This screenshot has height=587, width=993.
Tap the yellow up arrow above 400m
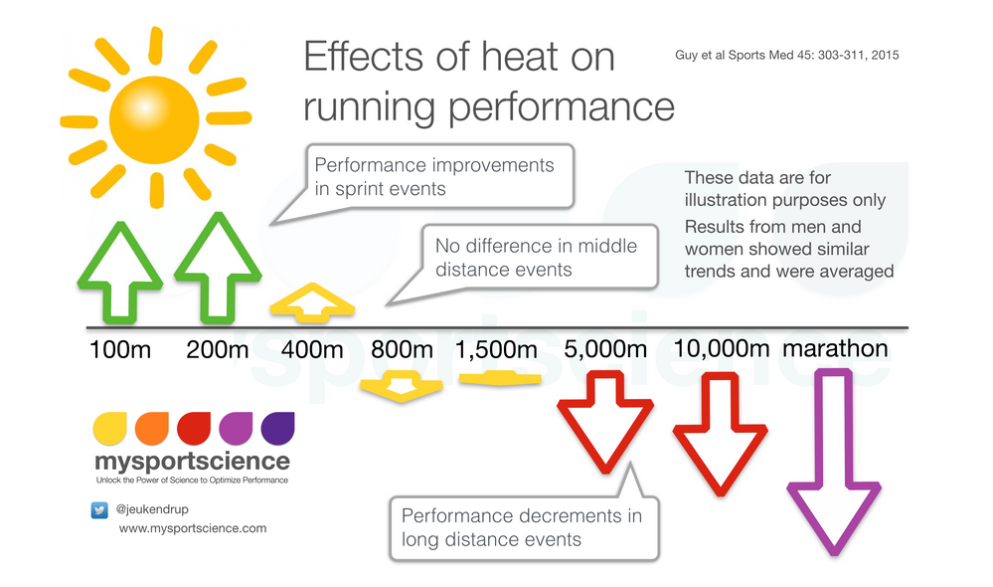tap(313, 302)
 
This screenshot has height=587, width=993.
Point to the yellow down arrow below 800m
tap(401, 385)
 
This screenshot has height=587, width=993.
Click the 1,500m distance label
tap(497, 350)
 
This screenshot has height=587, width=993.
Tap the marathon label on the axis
tap(835, 348)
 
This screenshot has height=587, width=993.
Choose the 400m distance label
tap(313, 350)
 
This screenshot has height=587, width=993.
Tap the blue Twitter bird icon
tap(99, 509)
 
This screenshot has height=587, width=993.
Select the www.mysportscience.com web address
tap(193, 528)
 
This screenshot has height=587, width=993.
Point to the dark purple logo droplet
tap(277, 428)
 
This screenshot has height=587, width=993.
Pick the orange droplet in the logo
tap(151, 428)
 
